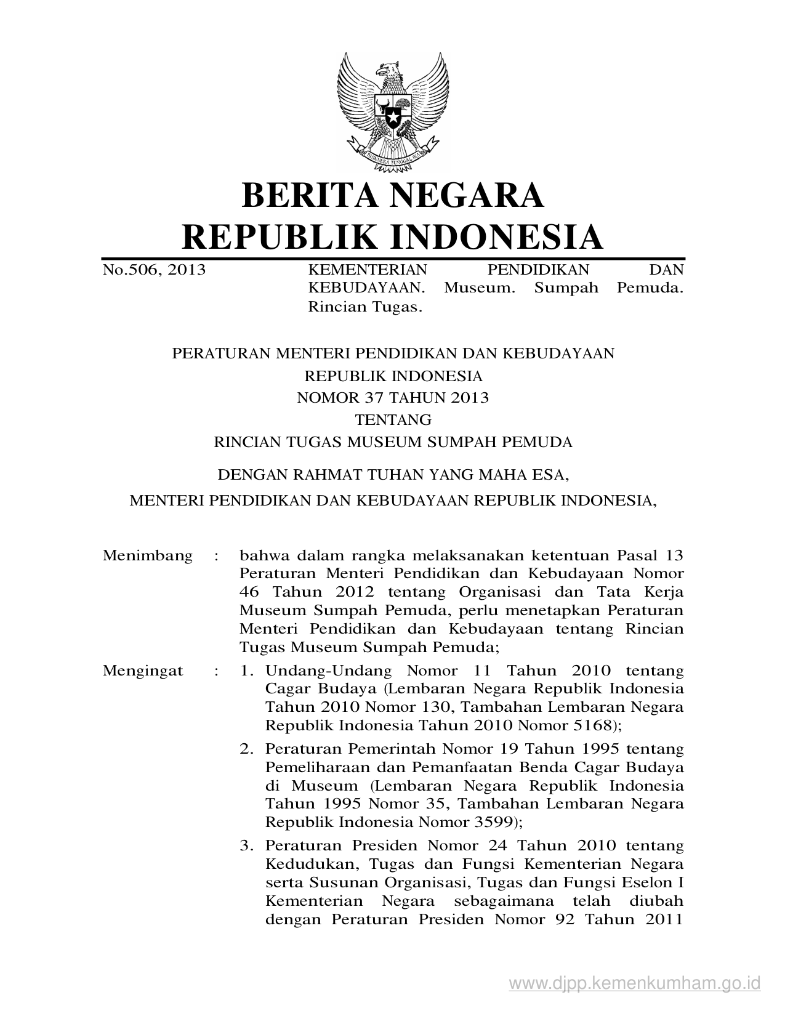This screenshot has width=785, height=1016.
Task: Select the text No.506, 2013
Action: point(154,270)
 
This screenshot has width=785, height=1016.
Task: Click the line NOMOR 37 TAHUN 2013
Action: point(393,398)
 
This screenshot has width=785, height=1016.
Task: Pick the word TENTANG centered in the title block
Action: point(393,420)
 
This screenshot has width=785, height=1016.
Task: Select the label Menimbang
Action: point(148,555)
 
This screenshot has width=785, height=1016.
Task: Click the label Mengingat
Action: point(143,671)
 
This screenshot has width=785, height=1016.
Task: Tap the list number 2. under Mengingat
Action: point(247,749)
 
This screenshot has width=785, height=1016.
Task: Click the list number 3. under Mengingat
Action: point(247,845)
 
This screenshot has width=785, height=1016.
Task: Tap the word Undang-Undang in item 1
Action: point(328,671)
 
